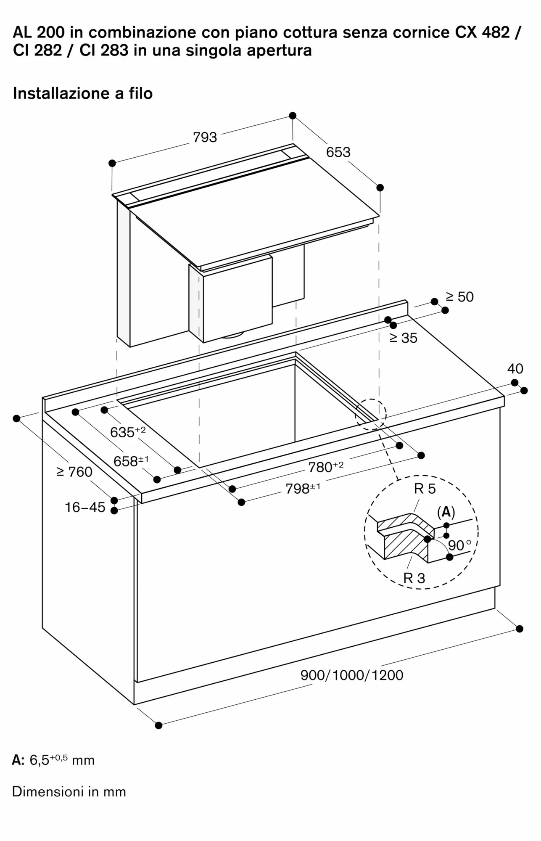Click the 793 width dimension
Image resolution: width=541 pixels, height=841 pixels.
(205, 137)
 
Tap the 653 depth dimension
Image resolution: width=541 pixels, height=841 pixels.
(338, 152)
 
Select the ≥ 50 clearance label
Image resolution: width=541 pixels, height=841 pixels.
(459, 297)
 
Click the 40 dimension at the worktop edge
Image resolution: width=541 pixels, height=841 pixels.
(515, 369)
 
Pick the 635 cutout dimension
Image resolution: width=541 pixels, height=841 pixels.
(128, 431)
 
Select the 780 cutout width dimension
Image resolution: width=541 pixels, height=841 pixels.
(326, 466)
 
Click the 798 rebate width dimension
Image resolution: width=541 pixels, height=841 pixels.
(303, 488)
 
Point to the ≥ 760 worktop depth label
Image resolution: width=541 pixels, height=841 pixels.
(74, 472)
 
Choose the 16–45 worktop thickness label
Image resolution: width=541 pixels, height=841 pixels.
(84, 507)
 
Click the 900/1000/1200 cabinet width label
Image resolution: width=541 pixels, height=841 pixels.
(352, 675)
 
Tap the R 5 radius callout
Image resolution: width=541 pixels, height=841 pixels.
(425, 489)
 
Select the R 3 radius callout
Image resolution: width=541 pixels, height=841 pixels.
(414, 578)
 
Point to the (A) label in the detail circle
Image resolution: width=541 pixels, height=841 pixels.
(446, 512)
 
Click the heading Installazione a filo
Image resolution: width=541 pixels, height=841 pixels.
(83, 93)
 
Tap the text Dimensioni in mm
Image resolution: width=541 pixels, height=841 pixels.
(69, 791)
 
